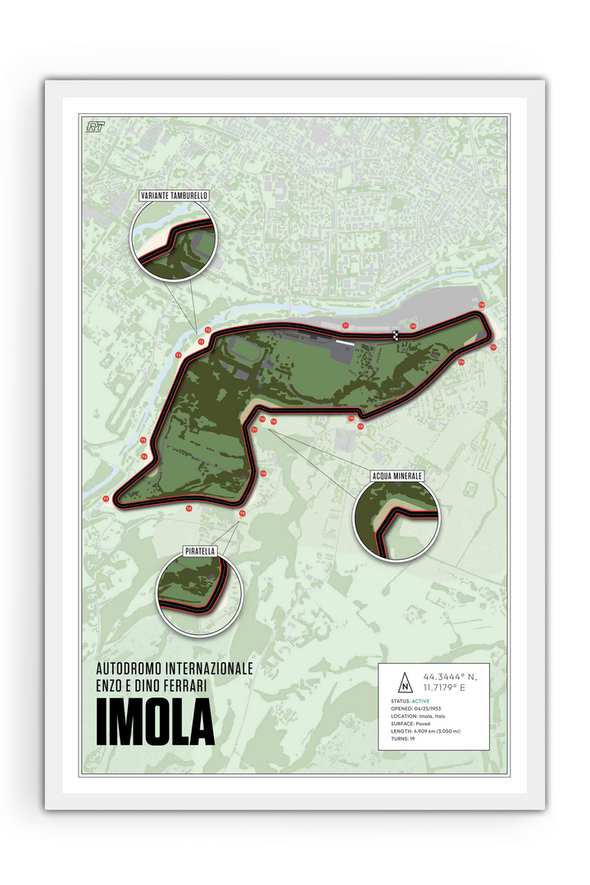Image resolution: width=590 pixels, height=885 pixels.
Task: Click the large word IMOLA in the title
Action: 155,723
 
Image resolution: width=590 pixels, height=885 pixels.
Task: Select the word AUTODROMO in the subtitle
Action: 134,668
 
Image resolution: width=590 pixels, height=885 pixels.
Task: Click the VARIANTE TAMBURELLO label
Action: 173,196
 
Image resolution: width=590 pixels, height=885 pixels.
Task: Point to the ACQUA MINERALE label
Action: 397,475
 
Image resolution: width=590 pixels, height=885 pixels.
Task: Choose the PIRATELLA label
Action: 200,551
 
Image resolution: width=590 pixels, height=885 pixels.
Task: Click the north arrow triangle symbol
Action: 403,683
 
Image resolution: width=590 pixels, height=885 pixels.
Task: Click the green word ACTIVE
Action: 422,701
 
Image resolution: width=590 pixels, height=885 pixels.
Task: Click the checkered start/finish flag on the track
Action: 396,334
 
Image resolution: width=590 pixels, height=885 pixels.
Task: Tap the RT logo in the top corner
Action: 97,126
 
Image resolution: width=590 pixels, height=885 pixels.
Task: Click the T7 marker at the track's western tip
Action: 106,498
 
